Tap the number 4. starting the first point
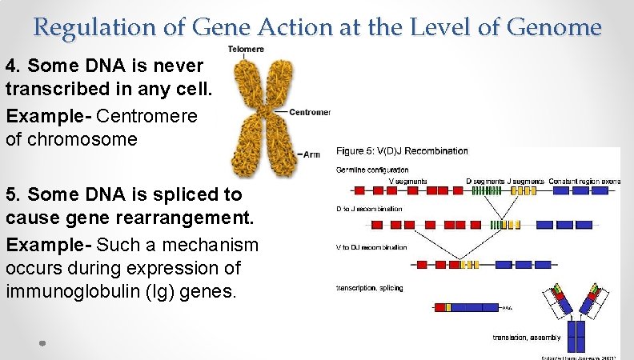(x=14, y=64)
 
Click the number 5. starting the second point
(x=14, y=194)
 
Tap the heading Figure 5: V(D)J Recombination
(x=402, y=150)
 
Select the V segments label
(x=407, y=181)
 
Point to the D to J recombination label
(x=369, y=209)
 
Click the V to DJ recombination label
(x=371, y=247)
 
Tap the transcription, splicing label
(x=369, y=287)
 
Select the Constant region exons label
(x=584, y=181)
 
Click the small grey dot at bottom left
(x=42, y=343)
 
